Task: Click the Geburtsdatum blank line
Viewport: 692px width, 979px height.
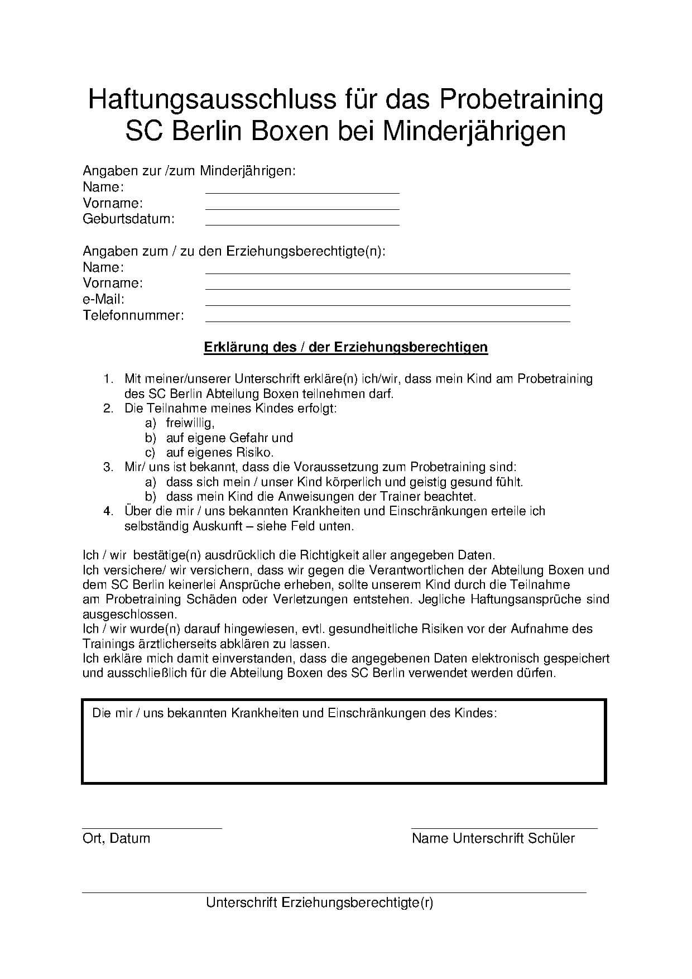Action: point(302,224)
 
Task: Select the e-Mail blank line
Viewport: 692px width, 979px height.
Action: point(387,305)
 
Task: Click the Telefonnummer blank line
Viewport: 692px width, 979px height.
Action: point(387,321)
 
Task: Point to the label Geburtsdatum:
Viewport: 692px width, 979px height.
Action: point(128,219)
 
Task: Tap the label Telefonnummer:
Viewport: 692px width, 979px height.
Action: point(133,315)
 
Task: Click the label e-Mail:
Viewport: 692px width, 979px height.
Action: point(103,299)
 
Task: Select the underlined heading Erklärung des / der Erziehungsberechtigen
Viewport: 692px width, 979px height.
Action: point(345,347)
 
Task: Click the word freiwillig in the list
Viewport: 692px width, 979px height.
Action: point(189,423)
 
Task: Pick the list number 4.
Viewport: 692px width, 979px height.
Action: point(108,511)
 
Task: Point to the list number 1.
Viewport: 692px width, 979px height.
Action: point(108,379)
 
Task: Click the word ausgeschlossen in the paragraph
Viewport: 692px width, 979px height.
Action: point(129,615)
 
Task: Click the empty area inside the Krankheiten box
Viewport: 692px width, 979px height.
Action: point(343,751)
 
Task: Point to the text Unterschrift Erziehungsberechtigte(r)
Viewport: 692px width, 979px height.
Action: point(319,903)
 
